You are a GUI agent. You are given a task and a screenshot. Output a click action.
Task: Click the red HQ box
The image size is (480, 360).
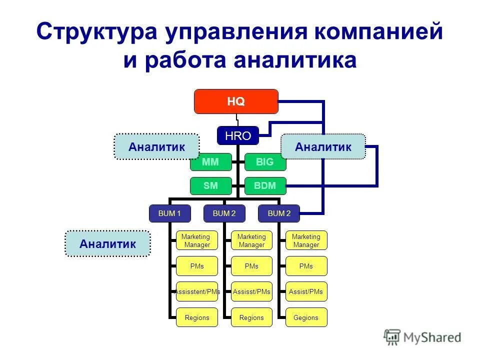coord(236,101)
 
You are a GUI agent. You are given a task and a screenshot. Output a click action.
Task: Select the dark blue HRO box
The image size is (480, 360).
coord(237,134)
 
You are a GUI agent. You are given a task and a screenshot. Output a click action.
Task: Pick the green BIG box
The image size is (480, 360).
coord(265,162)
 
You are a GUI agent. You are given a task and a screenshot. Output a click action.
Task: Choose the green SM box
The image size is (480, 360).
coord(211,185)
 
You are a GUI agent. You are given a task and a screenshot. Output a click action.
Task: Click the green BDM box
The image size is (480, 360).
coord(265,185)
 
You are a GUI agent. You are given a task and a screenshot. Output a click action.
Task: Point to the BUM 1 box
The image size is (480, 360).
coord(169,213)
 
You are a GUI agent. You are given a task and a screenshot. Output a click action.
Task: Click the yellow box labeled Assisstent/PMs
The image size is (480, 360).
coord(197,291)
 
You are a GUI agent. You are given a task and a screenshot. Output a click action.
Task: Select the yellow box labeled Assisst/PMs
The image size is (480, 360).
coord(251,291)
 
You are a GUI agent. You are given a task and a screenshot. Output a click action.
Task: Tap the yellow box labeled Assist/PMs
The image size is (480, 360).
coord(306,291)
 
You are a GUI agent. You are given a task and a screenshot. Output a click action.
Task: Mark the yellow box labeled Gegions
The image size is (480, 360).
coord(306,317)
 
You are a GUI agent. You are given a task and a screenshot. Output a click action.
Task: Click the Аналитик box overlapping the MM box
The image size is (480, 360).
coord(156,146)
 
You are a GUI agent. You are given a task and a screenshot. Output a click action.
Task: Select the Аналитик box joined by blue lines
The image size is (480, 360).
coord(323,146)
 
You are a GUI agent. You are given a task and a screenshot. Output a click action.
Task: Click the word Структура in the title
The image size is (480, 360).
coord(96,32)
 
